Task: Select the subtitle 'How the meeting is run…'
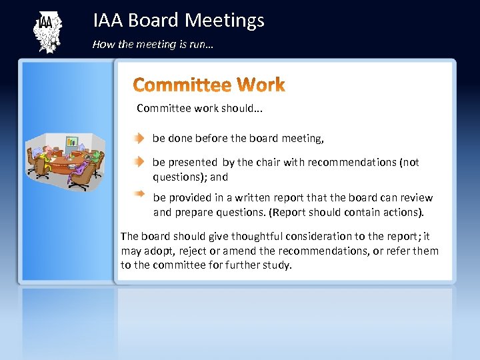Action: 153,45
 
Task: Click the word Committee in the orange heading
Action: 181,85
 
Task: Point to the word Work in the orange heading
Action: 261,85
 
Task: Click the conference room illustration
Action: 65,162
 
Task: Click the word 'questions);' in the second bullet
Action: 180,177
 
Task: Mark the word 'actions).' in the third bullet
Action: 402,213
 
